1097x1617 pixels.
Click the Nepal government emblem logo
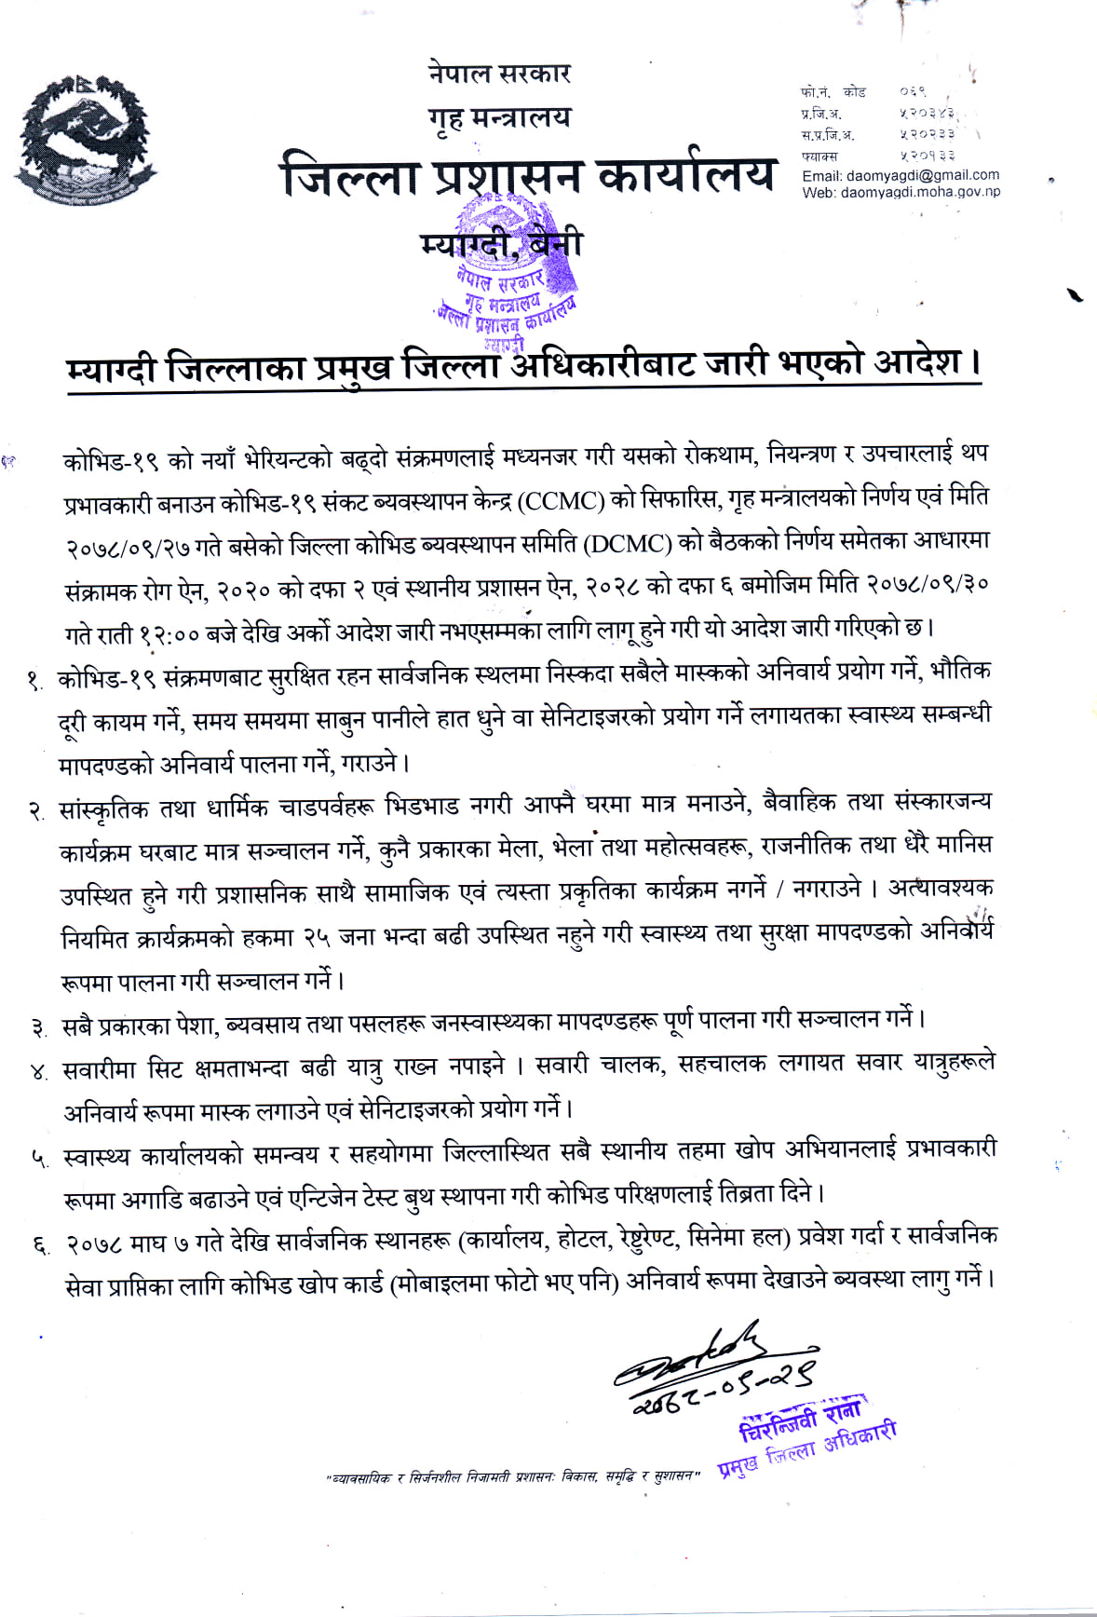81,137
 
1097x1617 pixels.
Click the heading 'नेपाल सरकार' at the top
499,73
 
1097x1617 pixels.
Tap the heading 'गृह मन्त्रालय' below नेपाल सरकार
499,118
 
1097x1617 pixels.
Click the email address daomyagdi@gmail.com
900,175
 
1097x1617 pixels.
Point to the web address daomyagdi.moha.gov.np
901,192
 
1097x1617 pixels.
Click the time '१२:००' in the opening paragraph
169,634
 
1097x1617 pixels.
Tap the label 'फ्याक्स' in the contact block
819,156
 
